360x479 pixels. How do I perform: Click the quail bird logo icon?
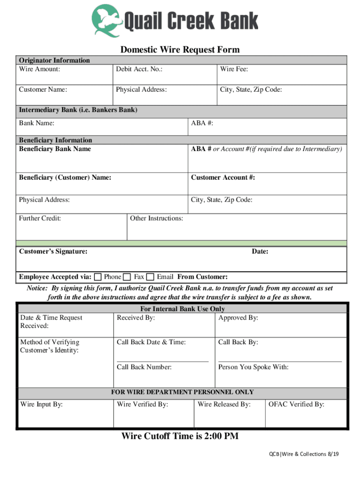coord(107,20)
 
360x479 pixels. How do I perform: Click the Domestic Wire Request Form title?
coord(180,50)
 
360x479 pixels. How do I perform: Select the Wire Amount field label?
coord(39,69)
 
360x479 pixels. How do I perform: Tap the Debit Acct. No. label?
coord(139,69)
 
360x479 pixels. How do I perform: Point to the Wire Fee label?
coord(234,69)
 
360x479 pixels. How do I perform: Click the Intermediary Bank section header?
coord(78,110)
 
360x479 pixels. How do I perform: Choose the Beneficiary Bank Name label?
coord(55,149)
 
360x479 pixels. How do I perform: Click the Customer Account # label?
coord(223,177)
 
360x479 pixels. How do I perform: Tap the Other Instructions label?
coord(156,218)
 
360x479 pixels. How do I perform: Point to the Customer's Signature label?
coord(53,251)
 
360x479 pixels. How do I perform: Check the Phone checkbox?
coord(98,277)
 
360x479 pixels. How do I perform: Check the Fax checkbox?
coord(127,277)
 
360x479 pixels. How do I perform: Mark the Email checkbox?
coord(150,277)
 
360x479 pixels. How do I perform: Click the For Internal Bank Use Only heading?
coord(182,309)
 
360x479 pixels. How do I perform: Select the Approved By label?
coord(238,318)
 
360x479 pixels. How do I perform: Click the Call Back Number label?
coord(144,367)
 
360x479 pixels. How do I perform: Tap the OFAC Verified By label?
coord(296,404)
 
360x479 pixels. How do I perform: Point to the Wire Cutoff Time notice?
coord(180,436)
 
